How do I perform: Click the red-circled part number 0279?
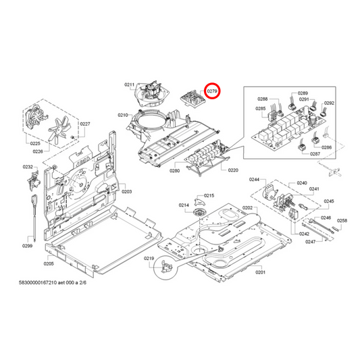point(213,90)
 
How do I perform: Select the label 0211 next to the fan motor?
point(130,84)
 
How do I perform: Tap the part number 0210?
point(123,115)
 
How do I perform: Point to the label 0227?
point(85,124)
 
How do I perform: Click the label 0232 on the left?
point(28,167)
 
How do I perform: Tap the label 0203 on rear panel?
point(126,192)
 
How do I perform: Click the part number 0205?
point(48,263)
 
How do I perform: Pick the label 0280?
point(174,172)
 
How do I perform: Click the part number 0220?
point(233,171)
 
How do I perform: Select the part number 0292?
point(329,103)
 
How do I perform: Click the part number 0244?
point(254,180)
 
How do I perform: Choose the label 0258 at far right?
point(342,221)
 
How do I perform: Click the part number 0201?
point(260,272)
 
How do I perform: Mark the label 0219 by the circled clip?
point(149,259)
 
